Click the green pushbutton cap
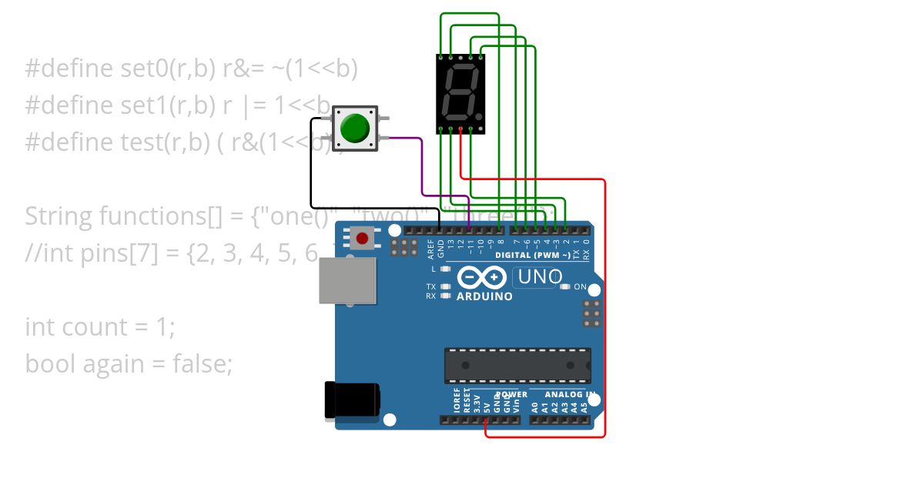tap(355, 128)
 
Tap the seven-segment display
tap(460, 93)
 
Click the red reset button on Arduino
tap(362, 238)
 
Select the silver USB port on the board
tap(347, 280)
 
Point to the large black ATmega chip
tap(517, 365)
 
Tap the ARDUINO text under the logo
tap(484, 296)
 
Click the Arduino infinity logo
tap(482, 277)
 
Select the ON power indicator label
tap(581, 287)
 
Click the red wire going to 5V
tap(605, 308)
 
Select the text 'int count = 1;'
tap(100, 327)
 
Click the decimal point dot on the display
tap(479, 116)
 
